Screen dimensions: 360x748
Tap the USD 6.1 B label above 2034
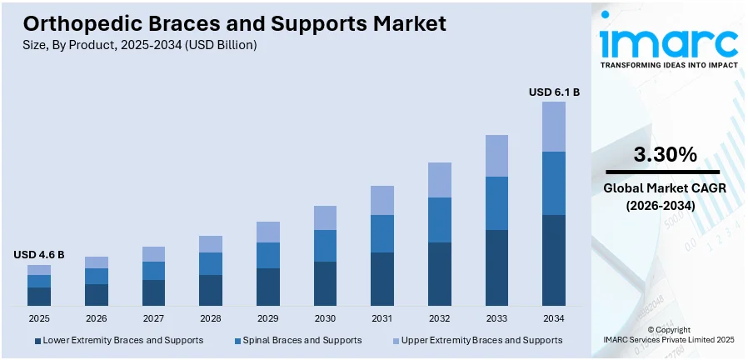click(554, 92)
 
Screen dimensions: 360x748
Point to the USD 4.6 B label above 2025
click(39, 254)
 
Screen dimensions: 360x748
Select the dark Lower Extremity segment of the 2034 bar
click(554, 259)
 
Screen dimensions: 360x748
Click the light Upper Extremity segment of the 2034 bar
click(554, 127)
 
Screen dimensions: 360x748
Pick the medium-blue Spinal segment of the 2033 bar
click(496, 202)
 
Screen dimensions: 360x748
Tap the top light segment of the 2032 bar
click(440, 180)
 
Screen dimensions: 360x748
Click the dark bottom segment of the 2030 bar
click(325, 283)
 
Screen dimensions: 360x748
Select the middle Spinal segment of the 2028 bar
click(211, 263)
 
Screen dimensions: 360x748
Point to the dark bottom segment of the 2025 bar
click(39, 296)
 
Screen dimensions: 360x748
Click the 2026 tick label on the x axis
click(97, 318)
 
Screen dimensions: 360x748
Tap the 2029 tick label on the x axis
click(267, 318)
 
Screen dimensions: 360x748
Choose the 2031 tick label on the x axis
click(382, 318)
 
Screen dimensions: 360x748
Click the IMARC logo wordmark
click(668, 42)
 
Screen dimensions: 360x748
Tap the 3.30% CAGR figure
click(665, 154)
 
